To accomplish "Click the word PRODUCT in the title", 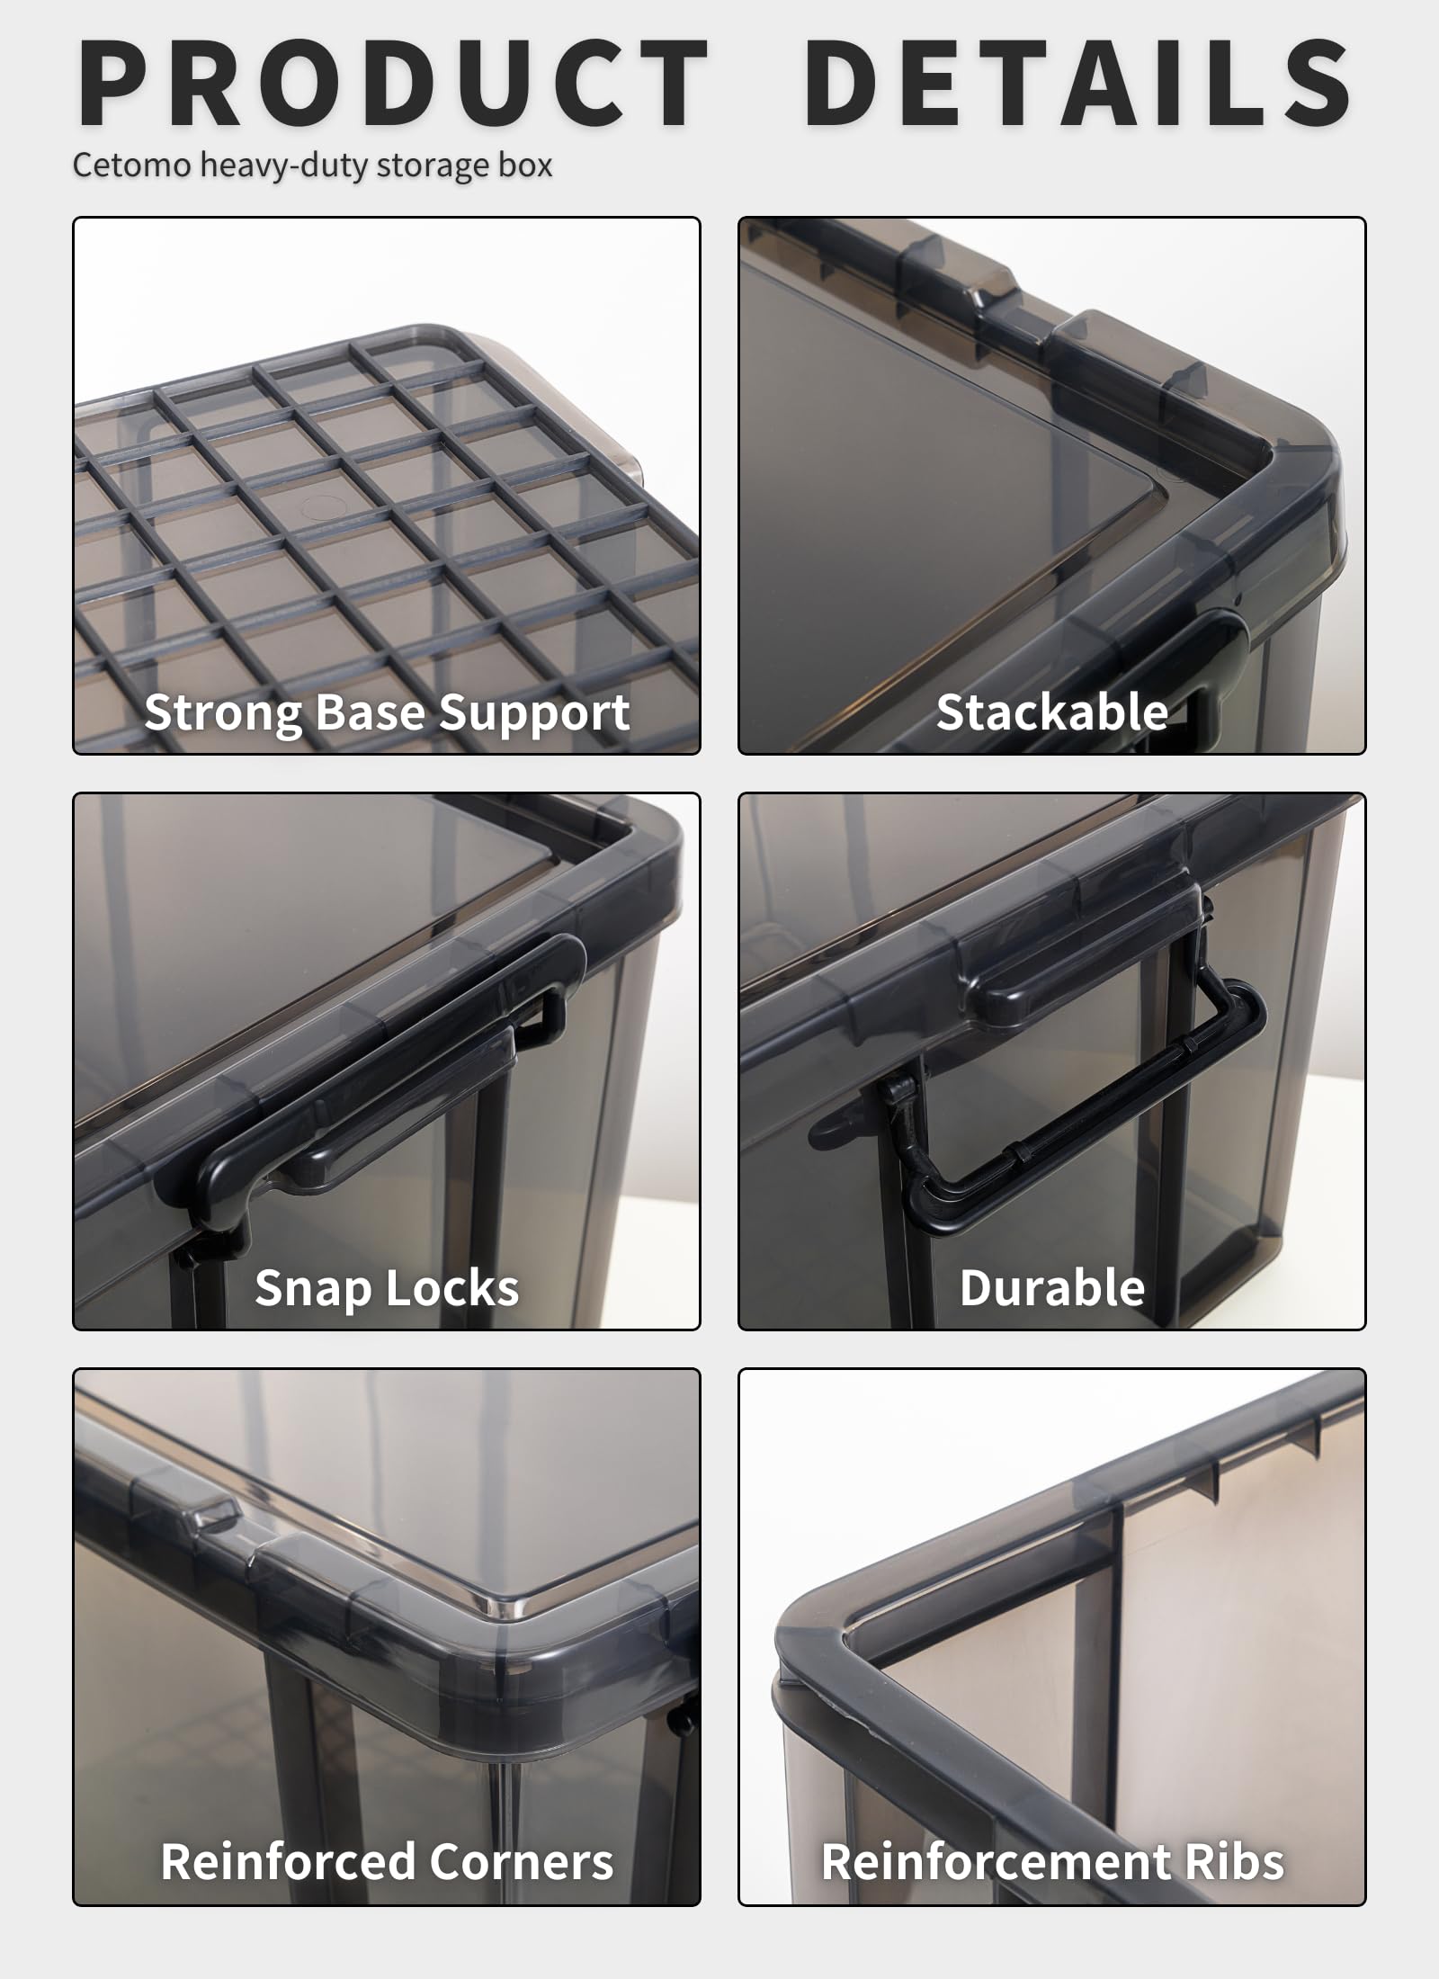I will click(394, 83).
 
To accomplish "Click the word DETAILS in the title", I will click(1077, 83).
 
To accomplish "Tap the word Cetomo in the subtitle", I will click(131, 166).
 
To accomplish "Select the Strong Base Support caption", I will click(387, 712).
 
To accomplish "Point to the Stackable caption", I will click(1052, 712).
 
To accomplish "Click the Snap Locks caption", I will click(387, 1288).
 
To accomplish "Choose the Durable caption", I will click(1052, 1288).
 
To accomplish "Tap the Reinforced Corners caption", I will click(387, 1862).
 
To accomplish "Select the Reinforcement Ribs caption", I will click(1052, 1862).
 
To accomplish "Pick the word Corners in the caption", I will click(521, 1862).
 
